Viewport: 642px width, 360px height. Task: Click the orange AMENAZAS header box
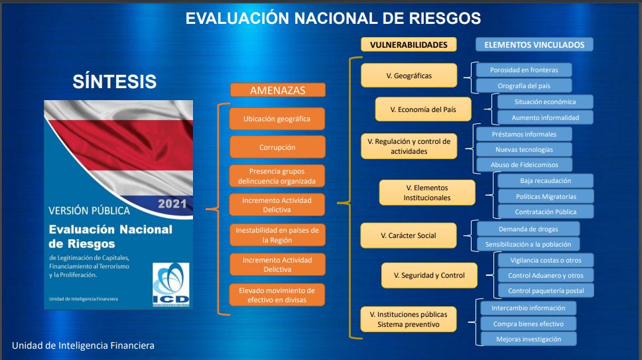point(278,90)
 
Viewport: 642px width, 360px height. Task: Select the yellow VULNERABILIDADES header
point(409,44)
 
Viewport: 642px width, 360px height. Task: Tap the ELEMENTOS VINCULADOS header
point(535,44)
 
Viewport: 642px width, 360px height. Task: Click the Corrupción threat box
point(278,147)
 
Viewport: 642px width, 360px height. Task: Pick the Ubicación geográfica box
point(277,119)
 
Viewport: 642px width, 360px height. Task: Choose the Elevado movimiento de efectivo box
point(277,295)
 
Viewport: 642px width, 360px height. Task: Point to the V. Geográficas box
point(409,76)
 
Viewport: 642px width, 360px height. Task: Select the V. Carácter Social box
point(409,235)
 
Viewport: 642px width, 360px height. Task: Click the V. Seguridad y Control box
point(430,275)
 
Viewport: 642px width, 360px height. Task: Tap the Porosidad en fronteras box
point(524,70)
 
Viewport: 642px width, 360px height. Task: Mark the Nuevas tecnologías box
point(524,149)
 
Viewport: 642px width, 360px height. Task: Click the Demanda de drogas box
point(528,229)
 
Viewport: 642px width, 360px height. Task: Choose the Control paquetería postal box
point(546,291)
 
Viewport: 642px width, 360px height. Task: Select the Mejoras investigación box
point(529,339)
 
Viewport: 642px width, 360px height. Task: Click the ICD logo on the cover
point(170,284)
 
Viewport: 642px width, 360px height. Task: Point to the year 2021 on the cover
point(172,204)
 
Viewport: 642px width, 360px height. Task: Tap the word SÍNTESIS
point(115,82)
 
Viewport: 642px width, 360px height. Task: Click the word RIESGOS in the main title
point(445,19)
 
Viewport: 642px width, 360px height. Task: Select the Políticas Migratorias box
point(546,196)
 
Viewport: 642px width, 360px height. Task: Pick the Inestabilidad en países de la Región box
point(278,235)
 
